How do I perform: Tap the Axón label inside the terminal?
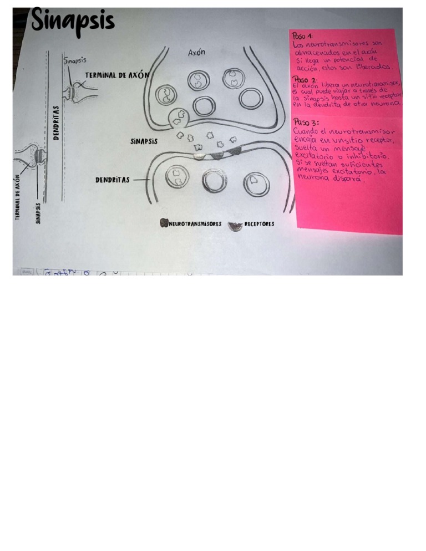coord(197,53)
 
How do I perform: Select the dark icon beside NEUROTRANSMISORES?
coord(164,224)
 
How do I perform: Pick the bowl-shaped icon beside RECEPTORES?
coord(237,225)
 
